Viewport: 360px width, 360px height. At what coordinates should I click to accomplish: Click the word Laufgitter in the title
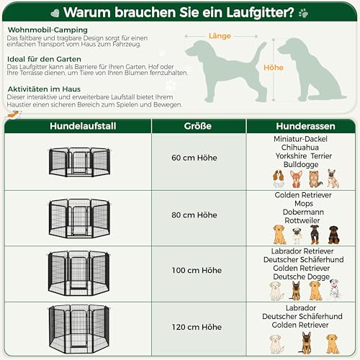pos(253,12)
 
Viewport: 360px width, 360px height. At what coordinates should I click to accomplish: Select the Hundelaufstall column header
pos(79,126)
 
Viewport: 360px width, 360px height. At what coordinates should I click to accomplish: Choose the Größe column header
pos(197,126)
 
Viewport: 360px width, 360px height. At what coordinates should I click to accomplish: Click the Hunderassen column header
pos(302,126)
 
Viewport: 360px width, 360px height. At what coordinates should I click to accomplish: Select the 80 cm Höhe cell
pos(197,215)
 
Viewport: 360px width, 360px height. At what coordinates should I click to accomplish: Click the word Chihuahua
pos(302,147)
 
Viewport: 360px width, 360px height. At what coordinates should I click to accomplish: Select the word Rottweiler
pos(302,221)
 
